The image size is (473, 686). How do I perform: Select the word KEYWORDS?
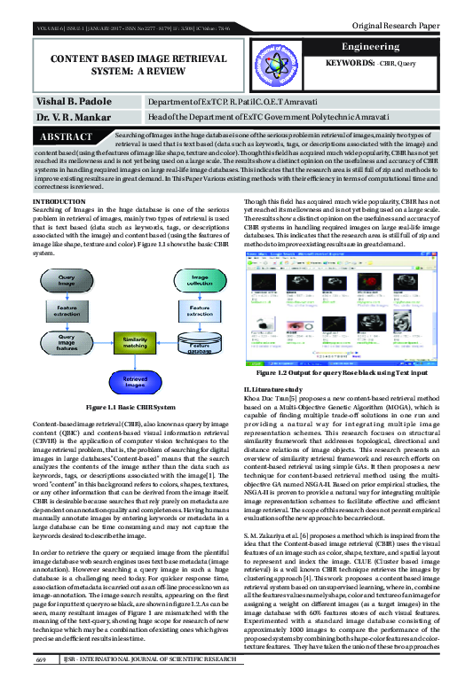351,66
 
